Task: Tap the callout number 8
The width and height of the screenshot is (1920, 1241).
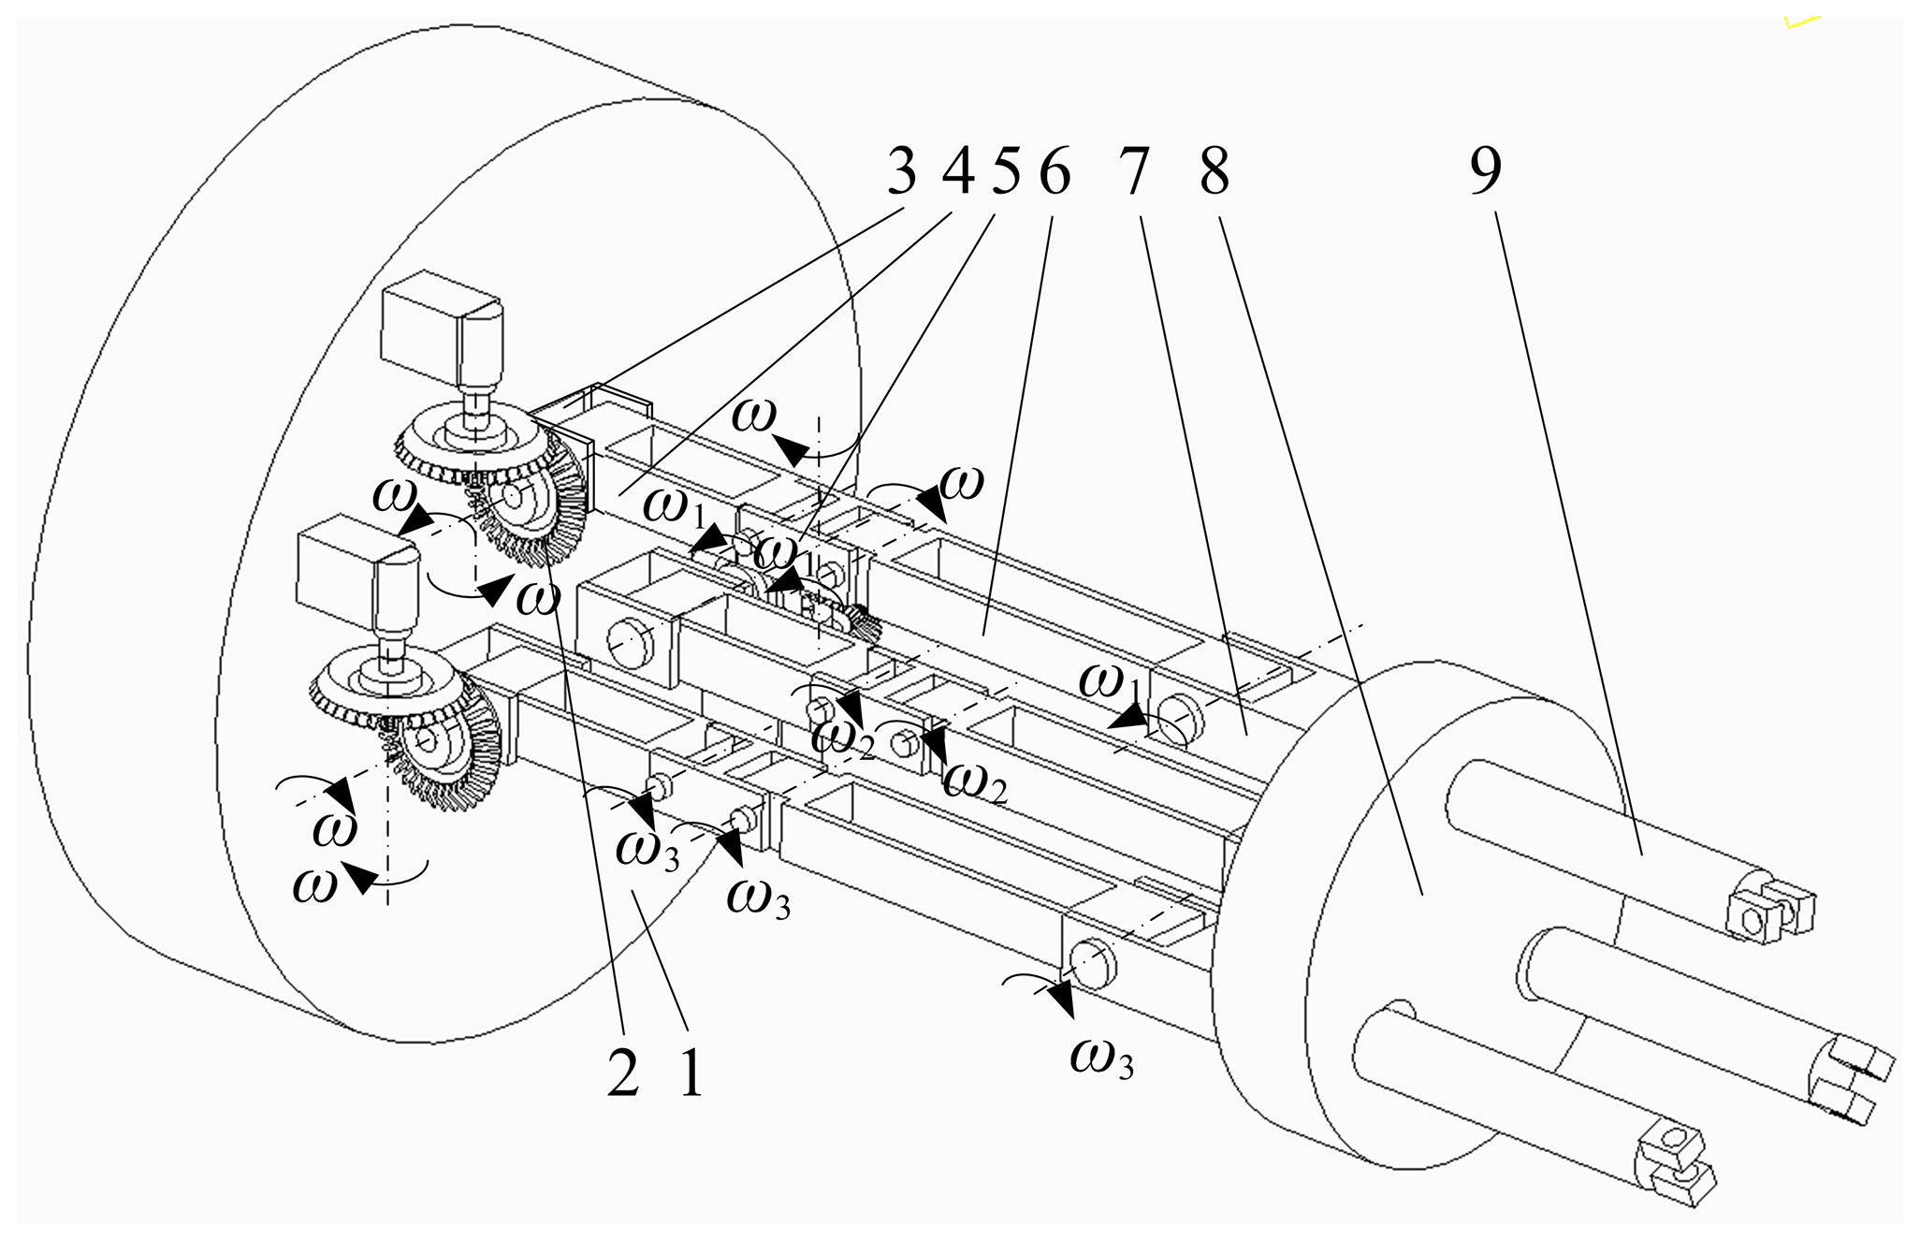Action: pos(1214,174)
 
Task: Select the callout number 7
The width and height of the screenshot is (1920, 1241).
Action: pos(1132,174)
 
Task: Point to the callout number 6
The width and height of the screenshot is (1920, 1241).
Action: pos(1054,174)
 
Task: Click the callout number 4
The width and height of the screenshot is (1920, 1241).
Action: pos(954,174)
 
